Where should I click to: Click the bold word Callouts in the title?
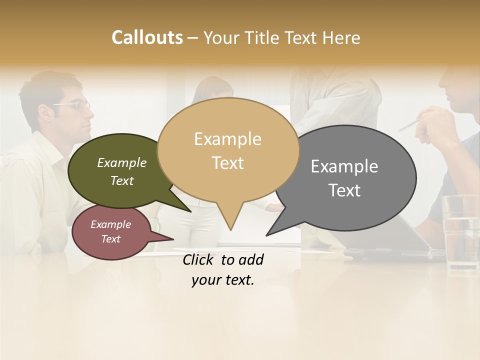(x=147, y=37)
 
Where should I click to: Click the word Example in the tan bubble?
(x=227, y=139)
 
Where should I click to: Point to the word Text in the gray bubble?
(x=344, y=190)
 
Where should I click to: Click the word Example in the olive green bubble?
(x=121, y=162)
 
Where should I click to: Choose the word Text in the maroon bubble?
(x=111, y=239)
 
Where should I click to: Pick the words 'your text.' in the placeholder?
(x=223, y=280)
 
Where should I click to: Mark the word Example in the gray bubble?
(x=344, y=166)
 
